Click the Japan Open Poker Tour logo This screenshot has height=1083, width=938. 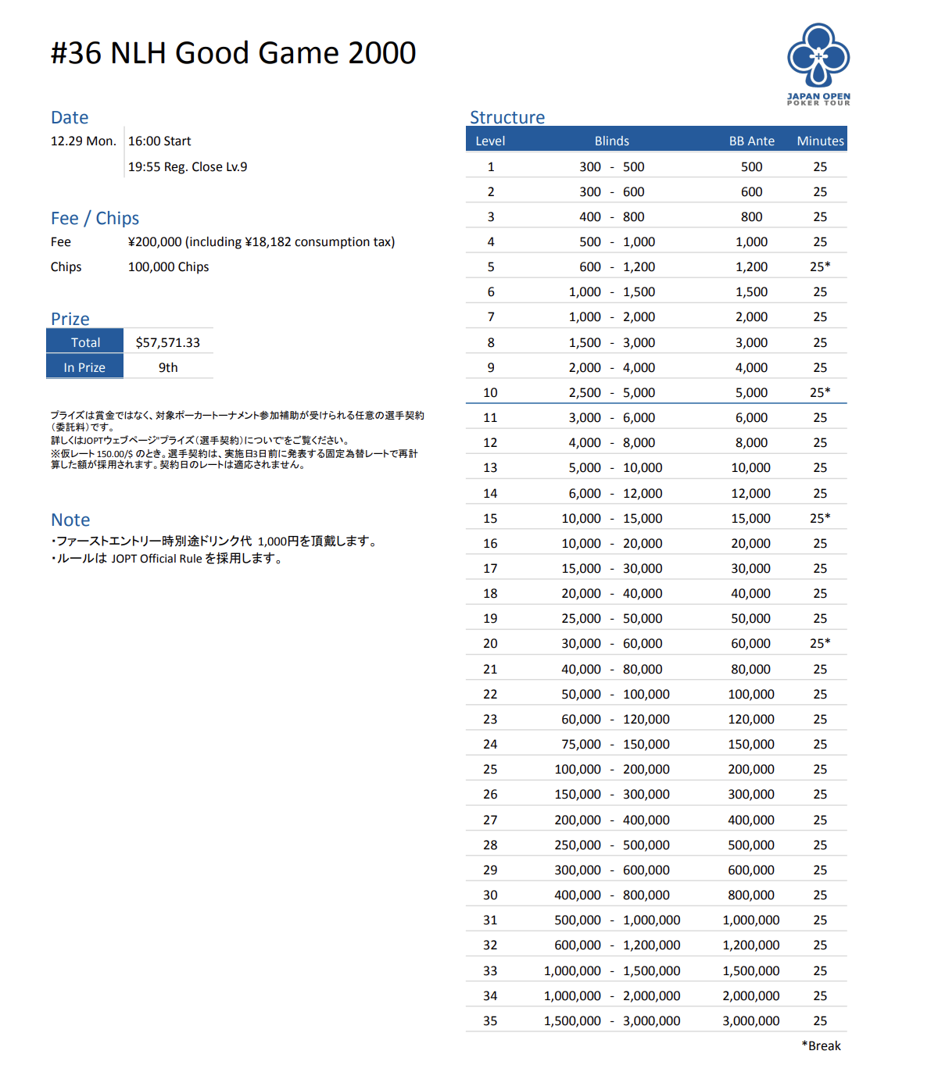pyautogui.click(x=818, y=63)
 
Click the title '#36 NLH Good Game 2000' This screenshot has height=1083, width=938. pyautogui.click(x=233, y=53)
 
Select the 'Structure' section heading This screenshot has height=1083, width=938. pyautogui.click(x=507, y=117)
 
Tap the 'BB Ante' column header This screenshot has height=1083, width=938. pyautogui.click(x=751, y=141)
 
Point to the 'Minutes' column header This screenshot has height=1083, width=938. pyautogui.click(x=820, y=141)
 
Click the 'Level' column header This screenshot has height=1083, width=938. pyautogui.click(x=490, y=141)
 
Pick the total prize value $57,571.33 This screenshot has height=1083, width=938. pyautogui.click(x=168, y=342)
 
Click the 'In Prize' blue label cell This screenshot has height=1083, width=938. pyautogui.click(x=84, y=367)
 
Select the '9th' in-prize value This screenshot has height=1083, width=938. pyautogui.click(x=168, y=367)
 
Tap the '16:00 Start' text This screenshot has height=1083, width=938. pyautogui.click(x=159, y=141)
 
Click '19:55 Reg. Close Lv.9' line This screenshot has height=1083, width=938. pyautogui.click(x=188, y=166)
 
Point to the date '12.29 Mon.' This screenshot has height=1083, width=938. pyautogui.click(x=83, y=141)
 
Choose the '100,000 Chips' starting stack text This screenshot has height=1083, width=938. pyautogui.click(x=168, y=266)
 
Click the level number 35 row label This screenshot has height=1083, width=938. pyautogui.click(x=490, y=1020)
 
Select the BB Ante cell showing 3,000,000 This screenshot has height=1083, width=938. pyautogui.click(x=750, y=1020)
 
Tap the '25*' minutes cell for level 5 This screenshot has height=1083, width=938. pyautogui.click(x=820, y=266)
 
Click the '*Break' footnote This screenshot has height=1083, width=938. pyautogui.click(x=821, y=1045)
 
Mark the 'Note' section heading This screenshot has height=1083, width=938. pyautogui.click(x=70, y=520)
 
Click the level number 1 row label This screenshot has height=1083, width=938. pyautogui.click(x=491, y=166)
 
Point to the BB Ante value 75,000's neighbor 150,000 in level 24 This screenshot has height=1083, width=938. pyautogui.click(x=751, y=744)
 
